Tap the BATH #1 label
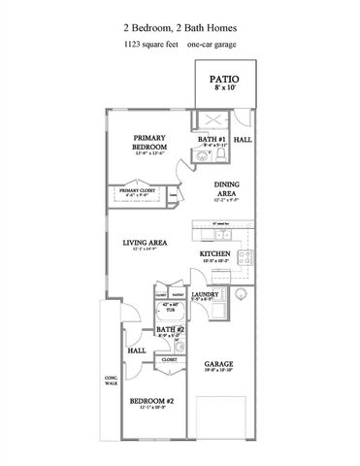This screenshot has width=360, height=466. point(211,140)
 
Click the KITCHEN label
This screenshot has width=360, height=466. point(214,254)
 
